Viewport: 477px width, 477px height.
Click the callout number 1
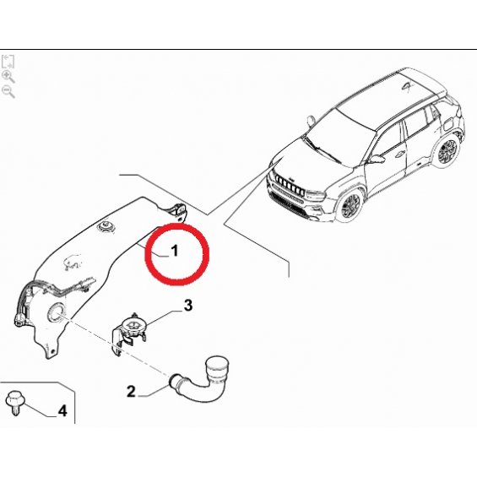pos(174,251)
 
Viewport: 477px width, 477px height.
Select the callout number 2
pos(131,391)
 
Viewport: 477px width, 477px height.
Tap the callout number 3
pos(188,306)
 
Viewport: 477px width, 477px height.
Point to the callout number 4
pos(62,411)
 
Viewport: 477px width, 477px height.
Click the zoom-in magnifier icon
pos(8,77)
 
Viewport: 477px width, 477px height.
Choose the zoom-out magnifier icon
pos(8,91)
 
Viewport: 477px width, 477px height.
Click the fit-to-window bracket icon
pos(8,62)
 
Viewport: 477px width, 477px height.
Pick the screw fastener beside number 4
pos(14,402)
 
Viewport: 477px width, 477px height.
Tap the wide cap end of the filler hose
pos(217,367)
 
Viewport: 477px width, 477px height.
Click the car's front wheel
pos(350,206)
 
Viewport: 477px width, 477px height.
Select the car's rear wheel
pos(447,150)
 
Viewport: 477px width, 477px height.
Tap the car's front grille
pos(289,184)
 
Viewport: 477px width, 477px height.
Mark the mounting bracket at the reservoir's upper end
pos(178,211)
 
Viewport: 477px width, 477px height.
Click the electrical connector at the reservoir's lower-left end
pos(19,320)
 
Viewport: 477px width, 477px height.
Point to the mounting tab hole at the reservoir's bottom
pos(53,352)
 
